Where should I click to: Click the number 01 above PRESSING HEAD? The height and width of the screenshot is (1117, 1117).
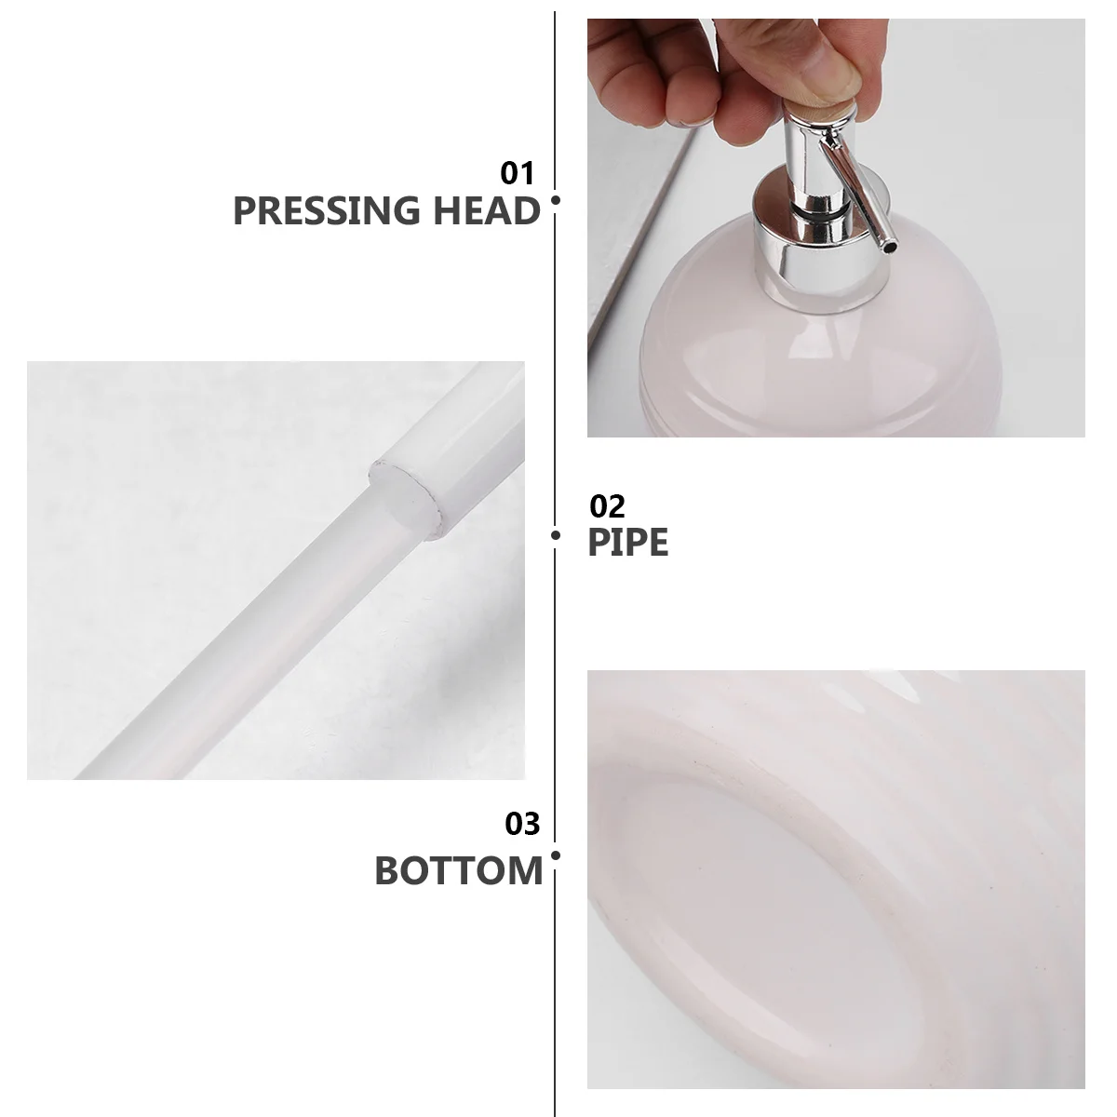(518, 173)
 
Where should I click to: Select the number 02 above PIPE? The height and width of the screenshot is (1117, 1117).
(608, 506)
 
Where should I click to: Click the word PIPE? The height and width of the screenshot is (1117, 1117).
(627, 542)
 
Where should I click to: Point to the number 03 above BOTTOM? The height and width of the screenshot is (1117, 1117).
(522, 824)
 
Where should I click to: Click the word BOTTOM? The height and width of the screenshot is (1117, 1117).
(458, 871)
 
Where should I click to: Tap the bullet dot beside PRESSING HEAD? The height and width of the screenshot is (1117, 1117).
(556, 199)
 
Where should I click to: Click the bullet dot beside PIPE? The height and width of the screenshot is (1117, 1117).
(556, 535)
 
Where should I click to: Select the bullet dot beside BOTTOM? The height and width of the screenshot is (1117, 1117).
(556, 855)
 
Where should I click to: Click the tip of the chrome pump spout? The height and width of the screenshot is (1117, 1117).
(889, 247)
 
